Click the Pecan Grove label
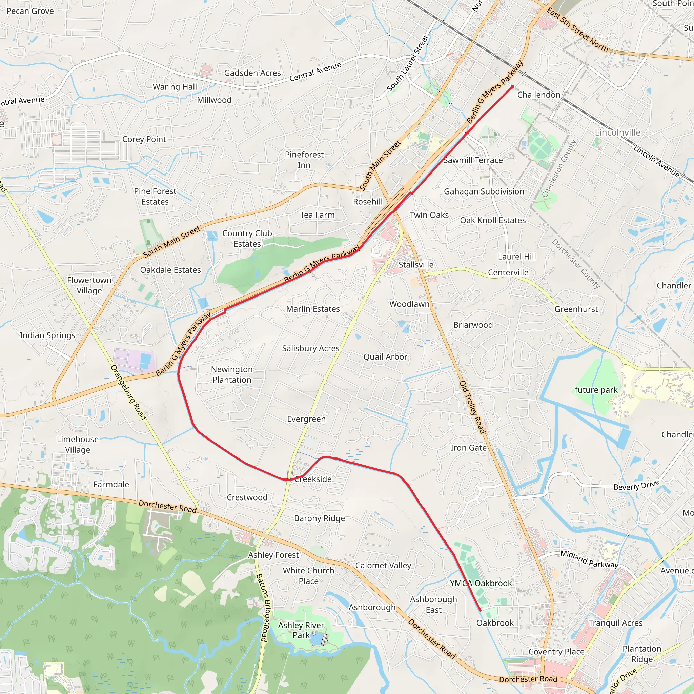30,11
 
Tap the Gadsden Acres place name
252,73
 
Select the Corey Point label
144,139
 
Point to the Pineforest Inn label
304,160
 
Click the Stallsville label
416,265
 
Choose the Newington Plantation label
232,374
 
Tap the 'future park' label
596,390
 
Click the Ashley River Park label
301,630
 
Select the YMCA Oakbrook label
481,583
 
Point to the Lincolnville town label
617,132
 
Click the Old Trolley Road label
473,407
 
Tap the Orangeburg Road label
128,392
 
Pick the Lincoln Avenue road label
656,161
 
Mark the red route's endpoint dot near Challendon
512,86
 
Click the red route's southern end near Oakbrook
480,610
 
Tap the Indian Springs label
47,335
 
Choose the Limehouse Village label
78,444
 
